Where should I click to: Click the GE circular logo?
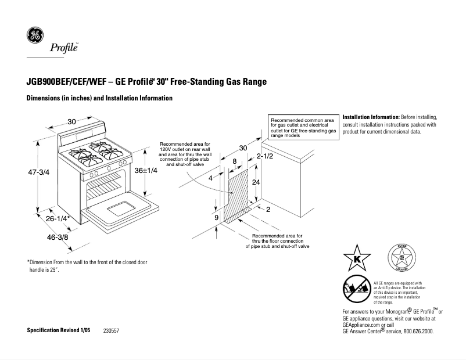(34, 37)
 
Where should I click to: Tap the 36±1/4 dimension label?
(146, 171)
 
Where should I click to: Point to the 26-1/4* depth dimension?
(58, 218)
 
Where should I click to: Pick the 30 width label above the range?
(71, 121)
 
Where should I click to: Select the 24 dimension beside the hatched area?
(255, 182)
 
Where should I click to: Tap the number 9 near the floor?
(216, 217)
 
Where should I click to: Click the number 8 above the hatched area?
(234, 161)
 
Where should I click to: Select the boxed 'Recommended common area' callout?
(303, 127)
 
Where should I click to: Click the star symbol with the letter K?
(356, 257)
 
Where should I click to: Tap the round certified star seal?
(400, 258)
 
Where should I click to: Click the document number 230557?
(112, 330)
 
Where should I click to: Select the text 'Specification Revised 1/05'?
(59, 330)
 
